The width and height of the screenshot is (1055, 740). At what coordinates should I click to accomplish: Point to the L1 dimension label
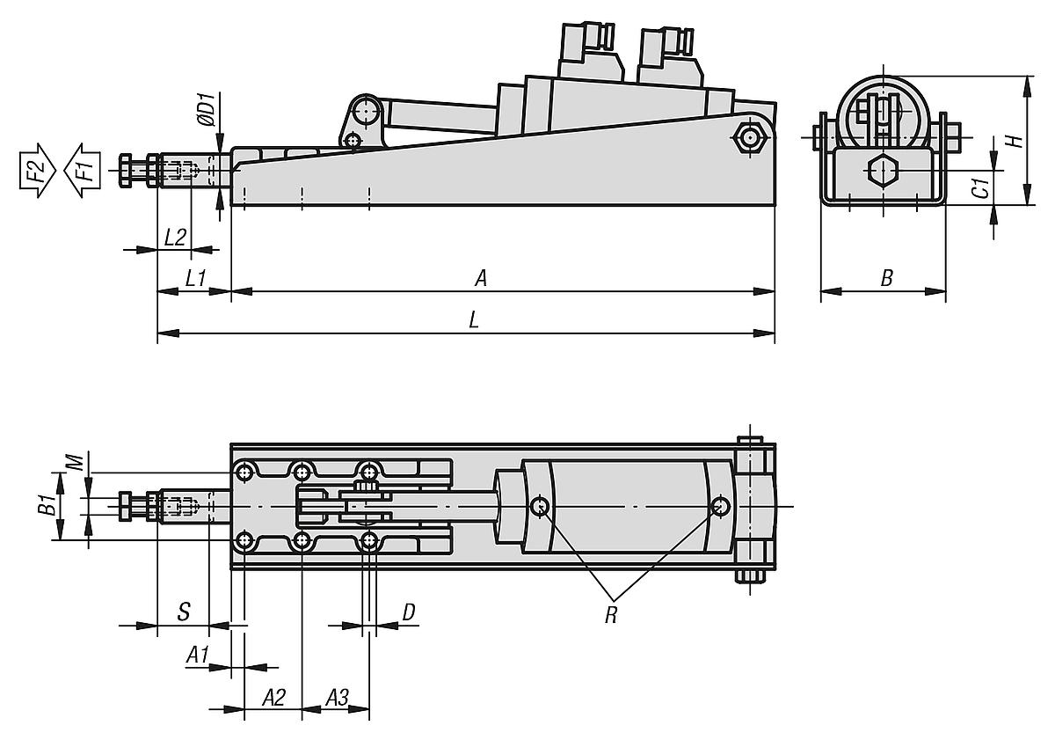195,277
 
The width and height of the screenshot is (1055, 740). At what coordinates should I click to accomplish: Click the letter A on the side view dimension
481,278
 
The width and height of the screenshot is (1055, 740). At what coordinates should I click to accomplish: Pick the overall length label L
474,321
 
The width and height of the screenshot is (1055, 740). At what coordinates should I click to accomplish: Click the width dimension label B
886,279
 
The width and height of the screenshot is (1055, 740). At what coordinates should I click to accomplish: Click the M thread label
76,461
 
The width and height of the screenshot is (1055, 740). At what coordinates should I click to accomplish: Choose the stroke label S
183,612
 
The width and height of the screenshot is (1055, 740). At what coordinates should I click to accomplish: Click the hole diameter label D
408,612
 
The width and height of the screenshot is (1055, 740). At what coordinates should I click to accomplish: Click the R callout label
610,614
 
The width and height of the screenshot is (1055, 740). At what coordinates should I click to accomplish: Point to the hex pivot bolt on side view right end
748,138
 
